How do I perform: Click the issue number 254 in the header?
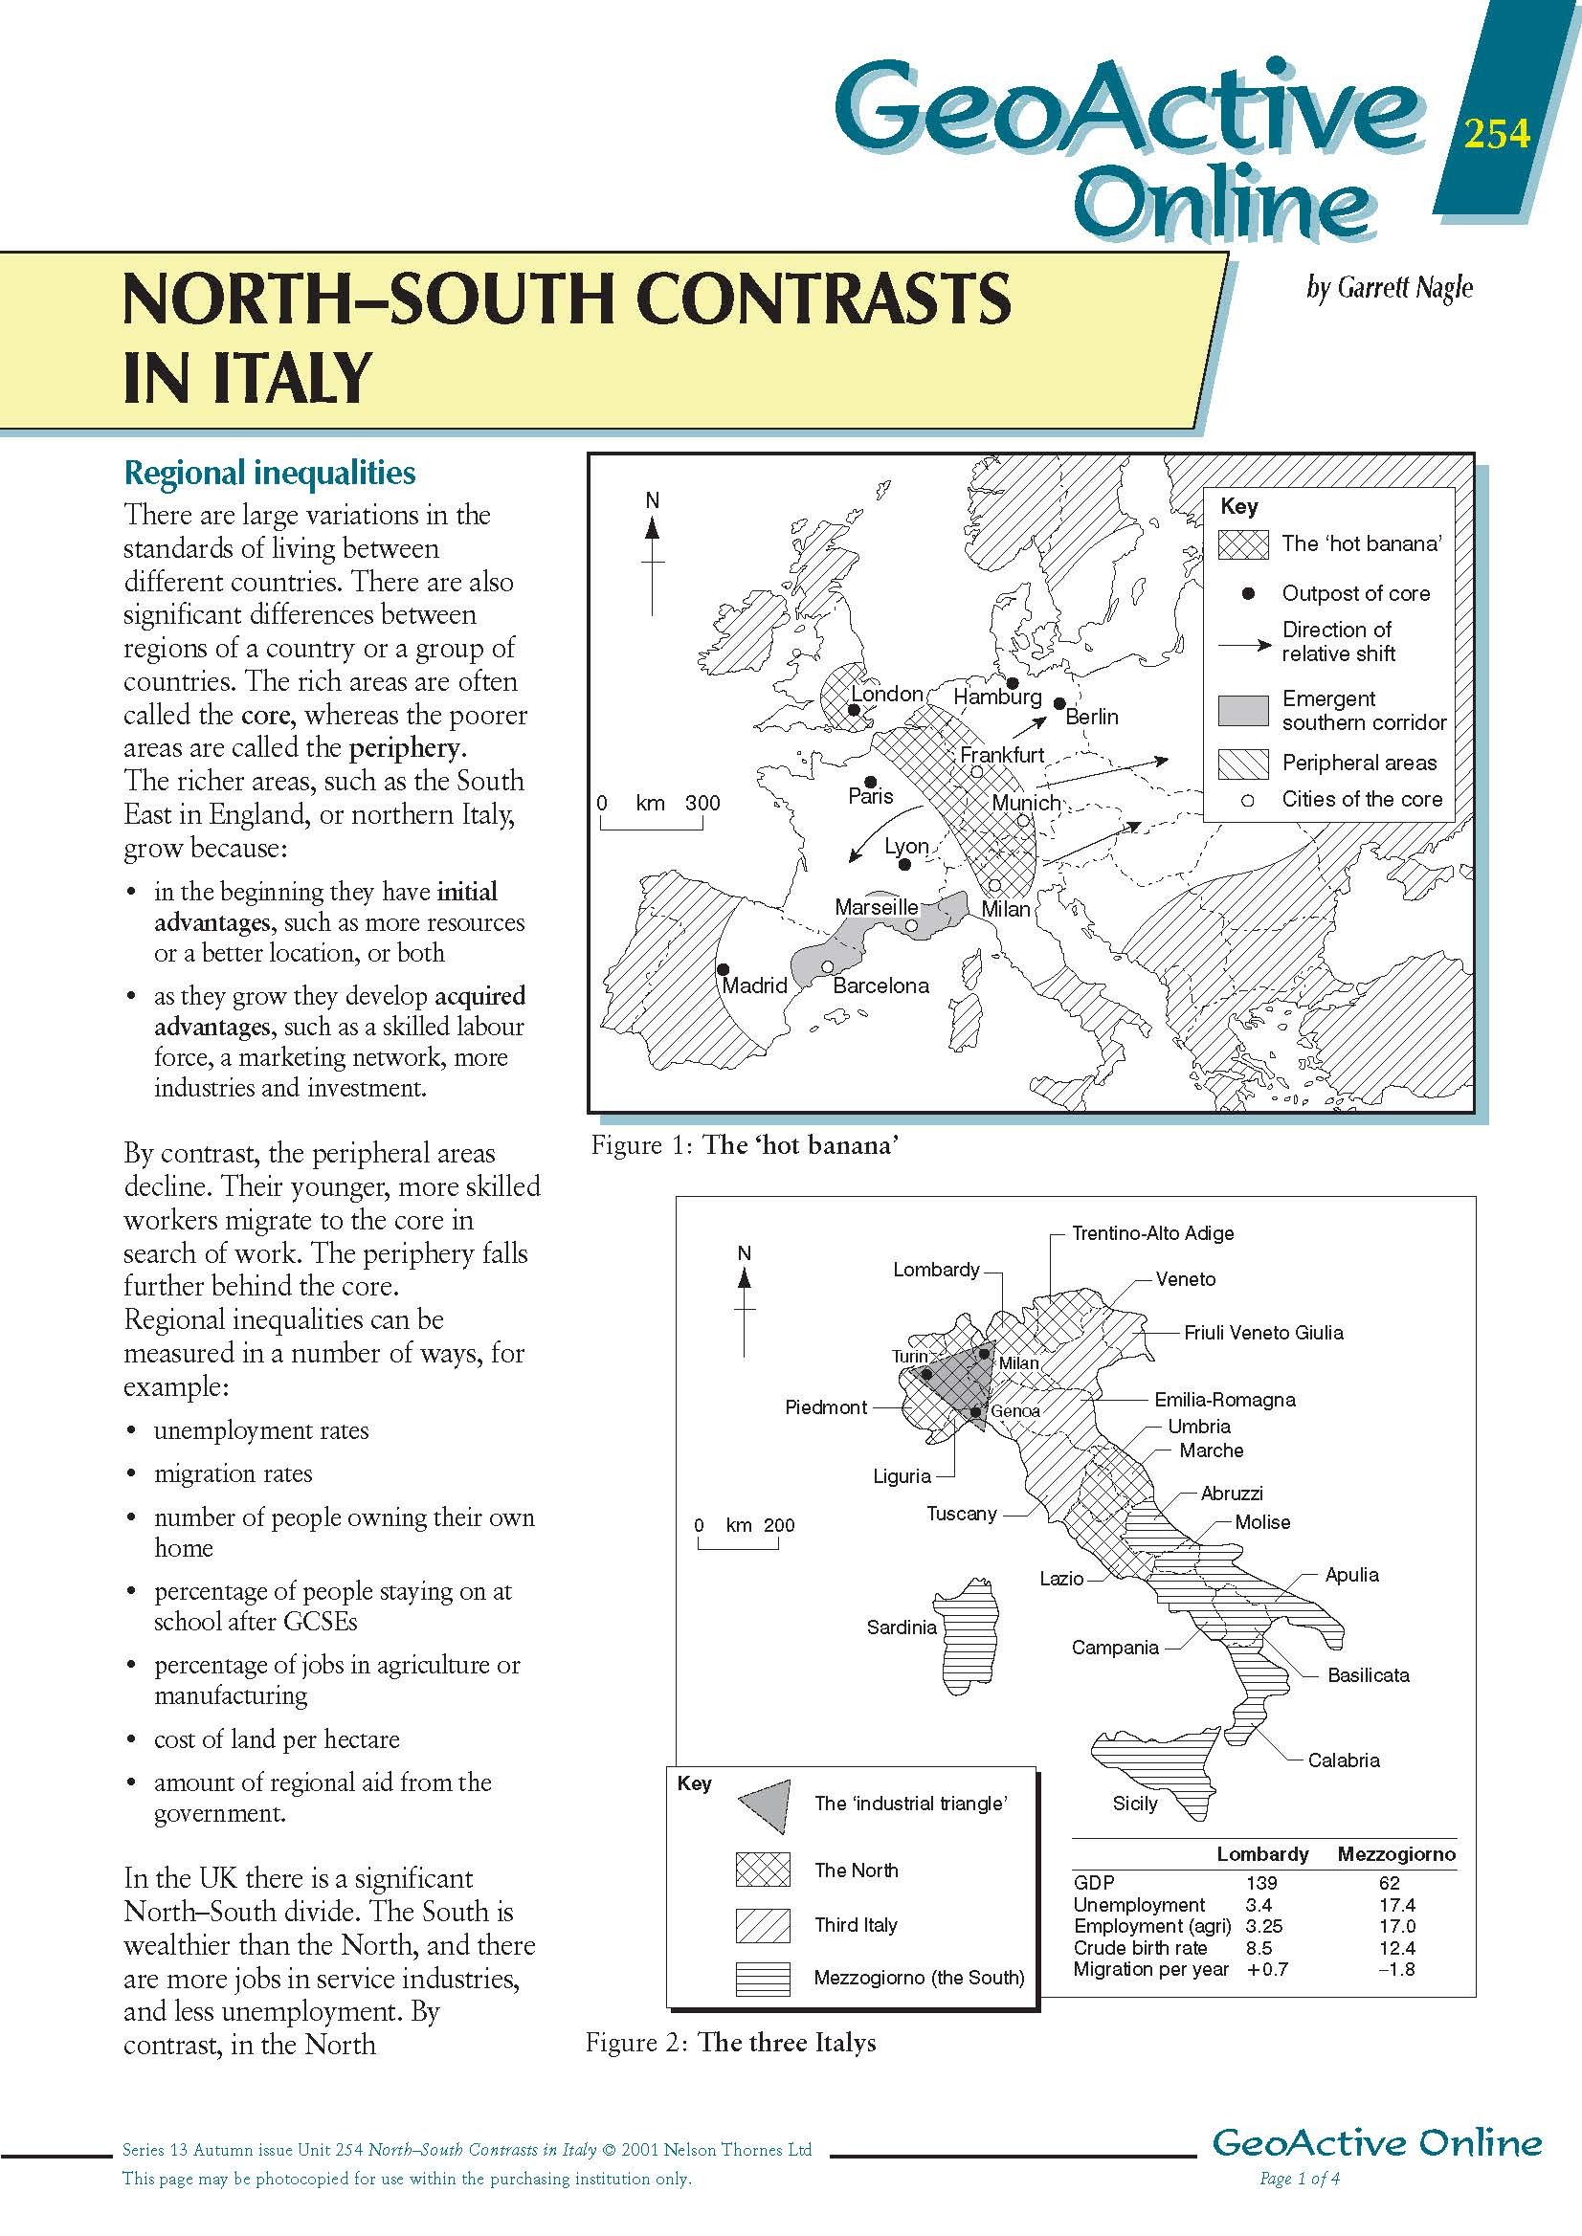coord(1497,131)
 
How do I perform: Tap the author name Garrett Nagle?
coord(1389,288)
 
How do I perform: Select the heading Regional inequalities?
coord(269,474)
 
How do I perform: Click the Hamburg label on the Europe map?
coord(996,697)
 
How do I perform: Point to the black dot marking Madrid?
coord(724,969)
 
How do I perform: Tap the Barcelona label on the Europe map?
coord(880,985)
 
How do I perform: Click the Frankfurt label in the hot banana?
coord(1001,755)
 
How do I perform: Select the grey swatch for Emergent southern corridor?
coord(1243,711)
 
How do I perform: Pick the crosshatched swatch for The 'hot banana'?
coord(1243,544)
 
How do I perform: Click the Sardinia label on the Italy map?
coord(902,1627)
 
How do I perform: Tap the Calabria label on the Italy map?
coord(1344,1760)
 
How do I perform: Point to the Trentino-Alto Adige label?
coord(1152,1233)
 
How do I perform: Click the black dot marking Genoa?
coord(976,1411)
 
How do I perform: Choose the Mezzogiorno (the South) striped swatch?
coord(762,1977)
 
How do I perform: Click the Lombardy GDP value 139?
coord(1260,1883)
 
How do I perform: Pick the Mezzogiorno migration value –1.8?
coord(1397,1968)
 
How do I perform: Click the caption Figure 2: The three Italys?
coord(729,2042)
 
